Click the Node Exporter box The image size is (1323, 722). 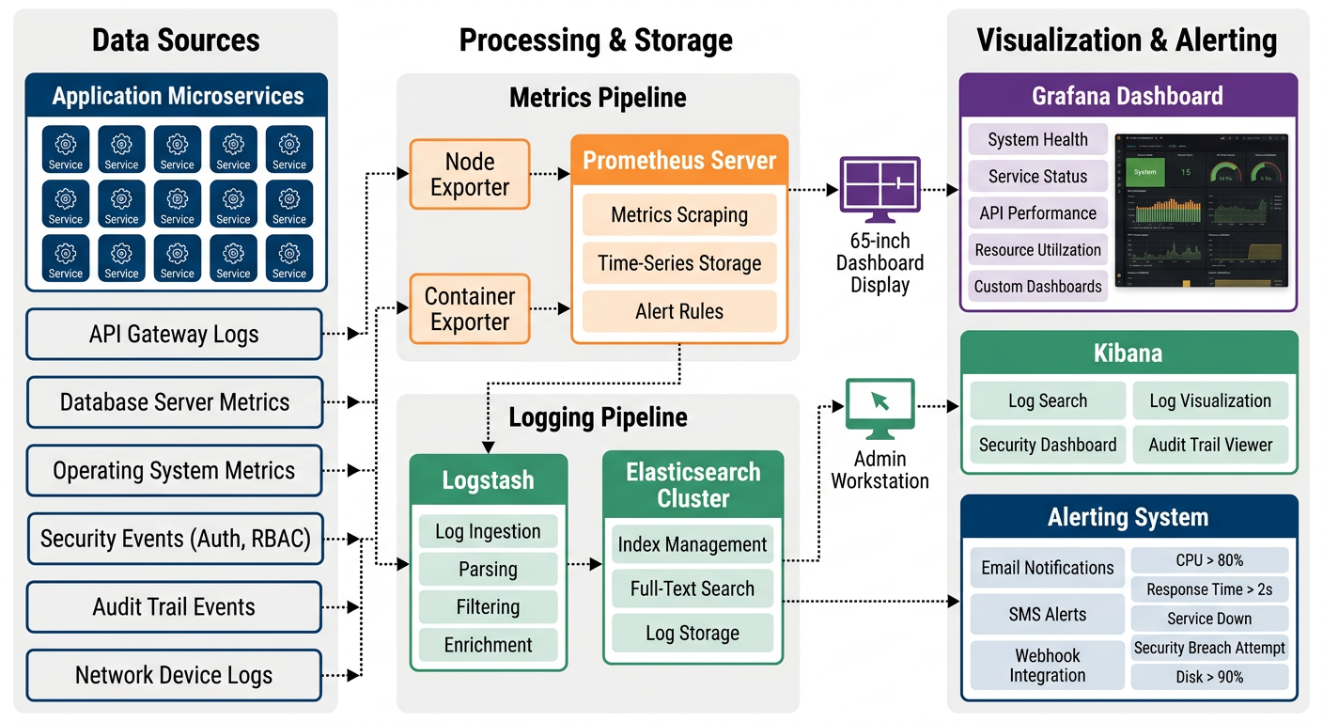pos(470,174)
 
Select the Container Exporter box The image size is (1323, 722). pos(470,308)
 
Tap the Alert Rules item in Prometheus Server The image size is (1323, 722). pos(679,311)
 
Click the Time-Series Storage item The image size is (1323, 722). pos(679,263)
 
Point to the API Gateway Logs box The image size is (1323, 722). pos(174,334)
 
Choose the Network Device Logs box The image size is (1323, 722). pos(174,675)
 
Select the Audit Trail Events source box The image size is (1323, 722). pos(174,606)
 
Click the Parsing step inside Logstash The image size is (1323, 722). pos(488,569)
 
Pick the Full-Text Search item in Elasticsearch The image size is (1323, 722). pos(693,589)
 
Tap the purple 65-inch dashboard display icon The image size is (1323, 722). pos(879,183)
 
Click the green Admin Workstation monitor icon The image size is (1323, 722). pos(879,408)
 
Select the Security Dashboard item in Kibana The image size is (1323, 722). pos(1048,445)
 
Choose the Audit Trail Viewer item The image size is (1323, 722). pos(1210,445)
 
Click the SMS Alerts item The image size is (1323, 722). pos(1048,614)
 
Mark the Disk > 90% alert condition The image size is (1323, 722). pos(1209,677)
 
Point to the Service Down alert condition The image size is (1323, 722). pos(1209,619)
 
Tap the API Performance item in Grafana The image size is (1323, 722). pos(1038,213)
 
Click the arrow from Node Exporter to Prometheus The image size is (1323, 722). pos(551,174)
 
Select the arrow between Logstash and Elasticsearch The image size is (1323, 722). pos(584,565)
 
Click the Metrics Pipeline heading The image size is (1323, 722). pos(598,98)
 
